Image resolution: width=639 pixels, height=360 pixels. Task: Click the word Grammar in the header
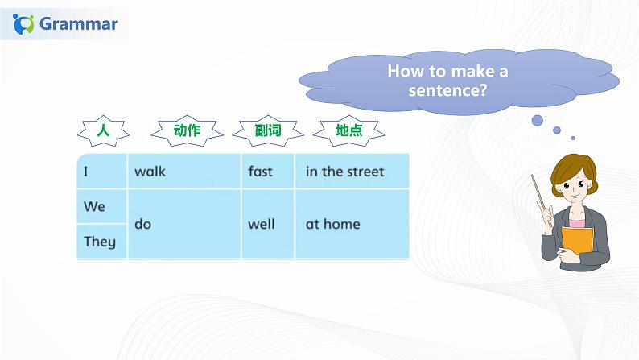[x=79, y=23]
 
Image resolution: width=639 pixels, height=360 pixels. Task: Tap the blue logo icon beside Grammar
[x=23, y=24]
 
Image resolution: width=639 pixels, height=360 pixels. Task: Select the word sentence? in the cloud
[x=447, y=90]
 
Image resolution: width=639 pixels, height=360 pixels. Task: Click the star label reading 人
[x=104, y=130]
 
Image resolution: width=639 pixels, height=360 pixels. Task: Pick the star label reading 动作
[x=187, y=130]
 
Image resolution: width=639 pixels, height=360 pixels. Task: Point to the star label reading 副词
[x=268, y=130]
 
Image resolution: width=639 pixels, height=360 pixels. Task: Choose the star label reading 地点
[x=349, y=130]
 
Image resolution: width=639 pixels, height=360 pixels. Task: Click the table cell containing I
[x=102, y=172]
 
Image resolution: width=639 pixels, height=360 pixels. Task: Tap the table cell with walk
[x=184, y=172]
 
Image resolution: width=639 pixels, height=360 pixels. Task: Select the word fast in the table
[x=261, y=172]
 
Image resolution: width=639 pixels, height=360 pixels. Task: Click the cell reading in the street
[x=352, y=172]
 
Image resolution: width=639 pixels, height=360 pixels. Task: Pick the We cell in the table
[x=102, y=206]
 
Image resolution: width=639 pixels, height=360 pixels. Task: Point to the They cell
[x=102, y=242]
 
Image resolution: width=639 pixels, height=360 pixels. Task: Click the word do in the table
[x=143, y=224]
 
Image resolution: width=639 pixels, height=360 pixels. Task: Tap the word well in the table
[x=262, y=224]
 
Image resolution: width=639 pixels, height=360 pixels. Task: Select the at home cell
[x=352, y=224]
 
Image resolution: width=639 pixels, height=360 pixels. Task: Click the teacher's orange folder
[x=578, y=242]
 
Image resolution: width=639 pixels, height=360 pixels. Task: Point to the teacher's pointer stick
[x=542, y=201]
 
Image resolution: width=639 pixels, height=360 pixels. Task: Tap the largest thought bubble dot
[x=538, y=121]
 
